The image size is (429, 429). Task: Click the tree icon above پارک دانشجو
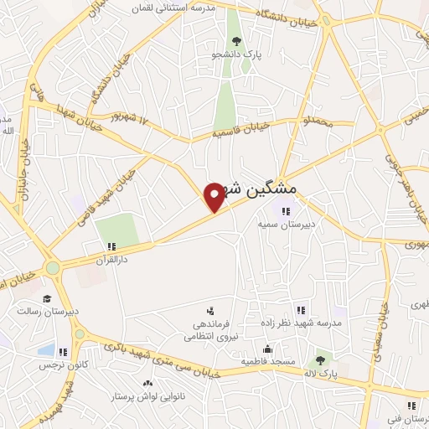[237, 40]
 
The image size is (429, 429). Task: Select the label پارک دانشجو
[237, 54]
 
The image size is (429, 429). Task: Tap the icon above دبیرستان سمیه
[287, 211]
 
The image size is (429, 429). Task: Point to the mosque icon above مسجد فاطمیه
[267, 349]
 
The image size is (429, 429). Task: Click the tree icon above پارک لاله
[320, 360]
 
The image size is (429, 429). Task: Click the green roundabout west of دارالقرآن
[54, 268]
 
